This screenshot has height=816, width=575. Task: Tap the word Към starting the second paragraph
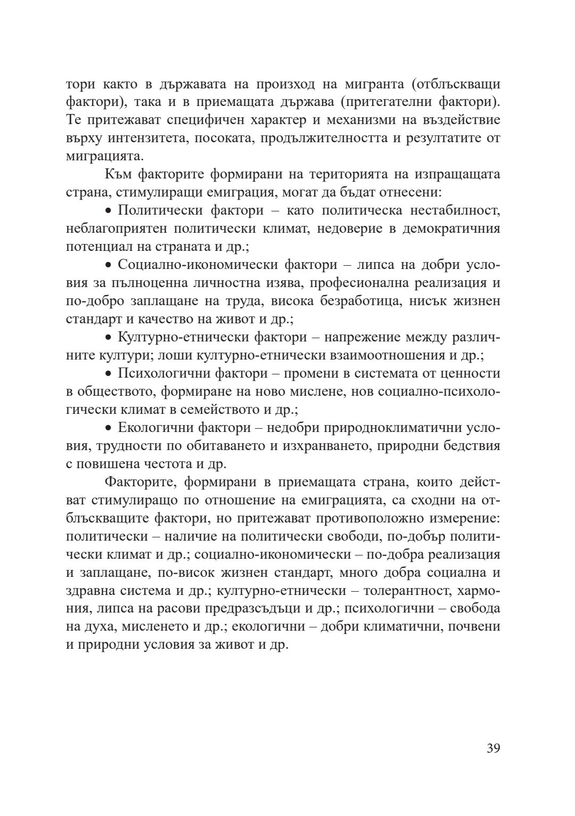pyautogui.click(x=118, y=175)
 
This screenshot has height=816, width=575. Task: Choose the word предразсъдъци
pyautogui.click(x=267, y=609)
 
